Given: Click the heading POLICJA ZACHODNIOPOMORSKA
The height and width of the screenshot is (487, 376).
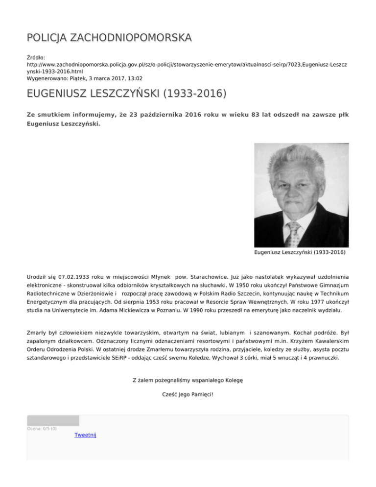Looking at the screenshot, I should click(x=109, y=38).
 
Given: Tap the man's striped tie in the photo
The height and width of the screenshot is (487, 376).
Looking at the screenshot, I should click(x=293, y=234).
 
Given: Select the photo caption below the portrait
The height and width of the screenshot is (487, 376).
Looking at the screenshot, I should click(x=300, y=253).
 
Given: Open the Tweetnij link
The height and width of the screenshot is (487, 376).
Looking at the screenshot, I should click(x=85, y=435).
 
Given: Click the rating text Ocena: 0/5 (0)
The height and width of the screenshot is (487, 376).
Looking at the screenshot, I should click(x=42, y=429).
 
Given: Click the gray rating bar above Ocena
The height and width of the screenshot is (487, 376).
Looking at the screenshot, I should click(x=53, y=420).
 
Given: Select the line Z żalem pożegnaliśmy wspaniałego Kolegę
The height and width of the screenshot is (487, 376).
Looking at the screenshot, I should click(x=188, y=380).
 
